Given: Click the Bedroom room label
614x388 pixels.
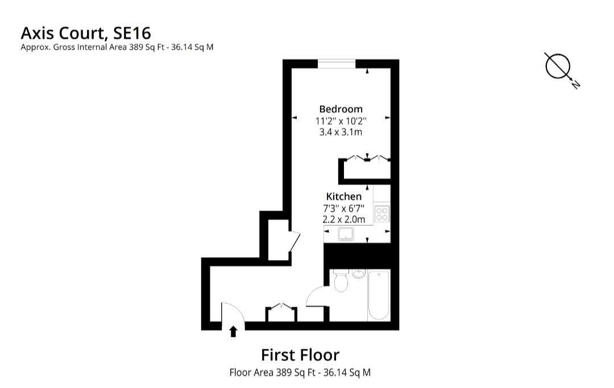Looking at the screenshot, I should click(x=341, y=109).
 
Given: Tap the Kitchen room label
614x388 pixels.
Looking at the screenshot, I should click(x=343, y=196).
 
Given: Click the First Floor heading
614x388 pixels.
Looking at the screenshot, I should click(x=300, y=355).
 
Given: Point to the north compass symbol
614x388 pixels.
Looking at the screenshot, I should click(x=559, y=67).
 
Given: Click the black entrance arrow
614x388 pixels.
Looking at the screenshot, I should click(x=233, y=331).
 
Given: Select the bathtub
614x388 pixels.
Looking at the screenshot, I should click(x=379, y=295).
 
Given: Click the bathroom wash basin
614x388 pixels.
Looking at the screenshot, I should click(x=359, y=274).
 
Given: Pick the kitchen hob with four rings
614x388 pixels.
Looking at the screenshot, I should click(x=382, y=214).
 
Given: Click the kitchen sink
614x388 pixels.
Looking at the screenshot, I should click(x=345, y=233).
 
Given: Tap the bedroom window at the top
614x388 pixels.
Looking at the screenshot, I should click(x=337, y=63).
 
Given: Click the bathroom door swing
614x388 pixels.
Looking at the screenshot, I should click(x=316, y=296).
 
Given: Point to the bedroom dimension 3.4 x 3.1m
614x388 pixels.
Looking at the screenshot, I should click(x=341, y=132).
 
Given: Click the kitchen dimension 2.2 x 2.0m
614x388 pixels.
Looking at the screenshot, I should click(x=343, y=218).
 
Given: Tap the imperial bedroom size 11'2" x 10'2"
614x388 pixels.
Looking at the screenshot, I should click(x=341, y=121).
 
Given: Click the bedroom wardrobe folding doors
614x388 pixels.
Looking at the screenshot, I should click(x=367, y=158).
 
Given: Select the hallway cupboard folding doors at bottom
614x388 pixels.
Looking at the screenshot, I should click(x=281, y=308).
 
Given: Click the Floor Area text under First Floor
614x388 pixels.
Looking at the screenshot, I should click(x=300, y=373).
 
